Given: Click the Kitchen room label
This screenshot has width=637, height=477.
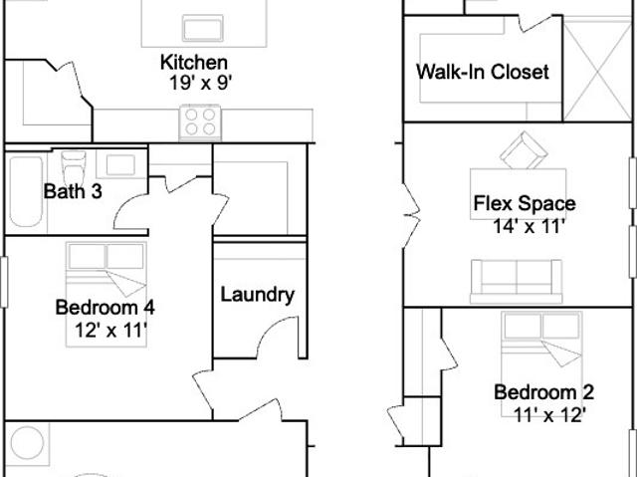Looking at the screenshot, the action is [x=194, y=63].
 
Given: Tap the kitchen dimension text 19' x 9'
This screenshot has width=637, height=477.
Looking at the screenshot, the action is [x=200, y=84].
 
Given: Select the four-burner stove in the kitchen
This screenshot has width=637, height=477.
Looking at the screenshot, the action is [x=200, y=122].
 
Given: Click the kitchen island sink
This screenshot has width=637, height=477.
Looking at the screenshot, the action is [x=203, y=28].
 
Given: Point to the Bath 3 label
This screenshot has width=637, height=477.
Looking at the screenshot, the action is [x=73, y=191].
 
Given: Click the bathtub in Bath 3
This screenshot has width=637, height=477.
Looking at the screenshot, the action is [x=26, y=191].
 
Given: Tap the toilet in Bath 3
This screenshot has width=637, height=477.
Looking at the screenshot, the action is [x=74, y=166].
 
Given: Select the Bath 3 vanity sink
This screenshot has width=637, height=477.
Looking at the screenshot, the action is [x=120, y=164].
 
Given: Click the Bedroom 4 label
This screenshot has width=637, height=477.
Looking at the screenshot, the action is [x=105, y=307].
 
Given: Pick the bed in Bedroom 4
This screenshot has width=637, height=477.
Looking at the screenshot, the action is [x=106, y=294].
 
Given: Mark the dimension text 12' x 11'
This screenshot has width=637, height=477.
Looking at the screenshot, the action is [x=110, y=331].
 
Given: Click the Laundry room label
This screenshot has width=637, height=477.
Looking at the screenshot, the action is [x=258, y=295].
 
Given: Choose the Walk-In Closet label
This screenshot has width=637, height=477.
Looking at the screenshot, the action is [x=483, y=72].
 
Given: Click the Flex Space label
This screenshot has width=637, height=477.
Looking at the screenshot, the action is [x=525, y=203].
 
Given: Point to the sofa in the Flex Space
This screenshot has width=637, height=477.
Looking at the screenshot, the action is [x=517, y=281].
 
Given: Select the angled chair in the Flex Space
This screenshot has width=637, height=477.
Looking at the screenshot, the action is [x=524, y=150].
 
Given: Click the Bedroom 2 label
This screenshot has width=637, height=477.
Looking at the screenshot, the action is [x=544, y=392].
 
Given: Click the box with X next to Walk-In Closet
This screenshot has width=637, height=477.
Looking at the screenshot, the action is [x=597, y=70].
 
